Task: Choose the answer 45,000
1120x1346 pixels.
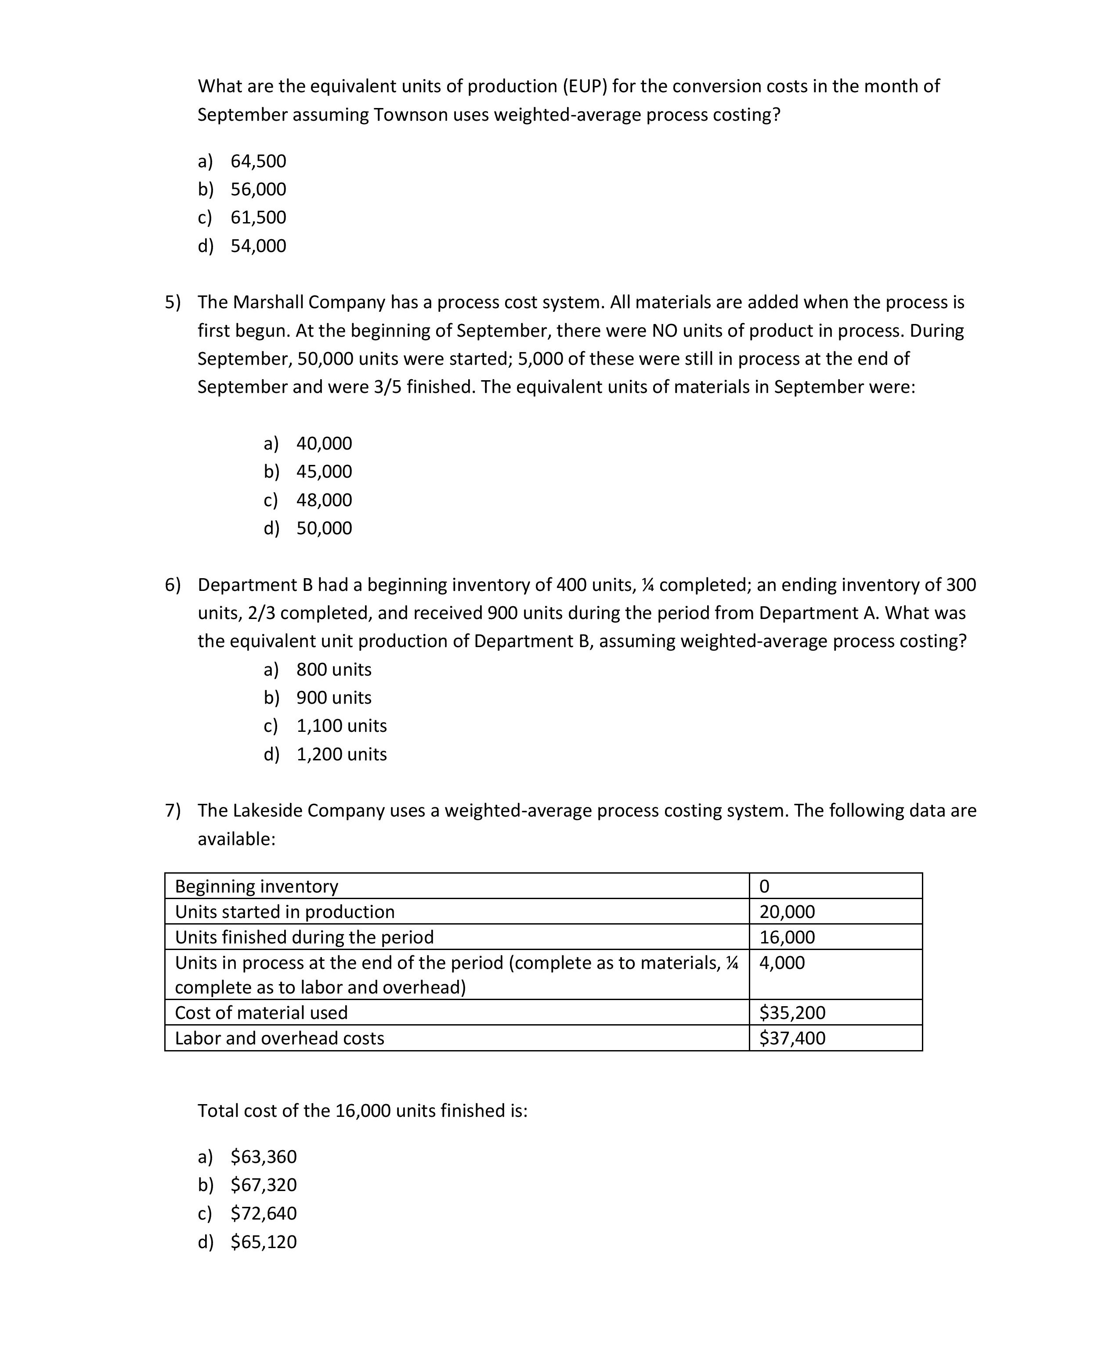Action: (324, 472)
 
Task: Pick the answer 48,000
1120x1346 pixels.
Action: (324, 500)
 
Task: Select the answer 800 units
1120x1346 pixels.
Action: (333, 670)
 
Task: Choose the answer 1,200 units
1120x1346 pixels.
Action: (341, 754)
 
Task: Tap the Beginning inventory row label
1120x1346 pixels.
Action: (257, 886)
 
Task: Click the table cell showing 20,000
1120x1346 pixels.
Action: (787, 912)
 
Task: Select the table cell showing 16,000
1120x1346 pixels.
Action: (787, 938)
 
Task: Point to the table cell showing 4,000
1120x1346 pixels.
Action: (782, 963)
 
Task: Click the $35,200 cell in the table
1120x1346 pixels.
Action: (792, 1013)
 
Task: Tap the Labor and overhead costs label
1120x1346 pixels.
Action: (279, 1038)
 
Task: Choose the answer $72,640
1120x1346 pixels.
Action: (264, 1213)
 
